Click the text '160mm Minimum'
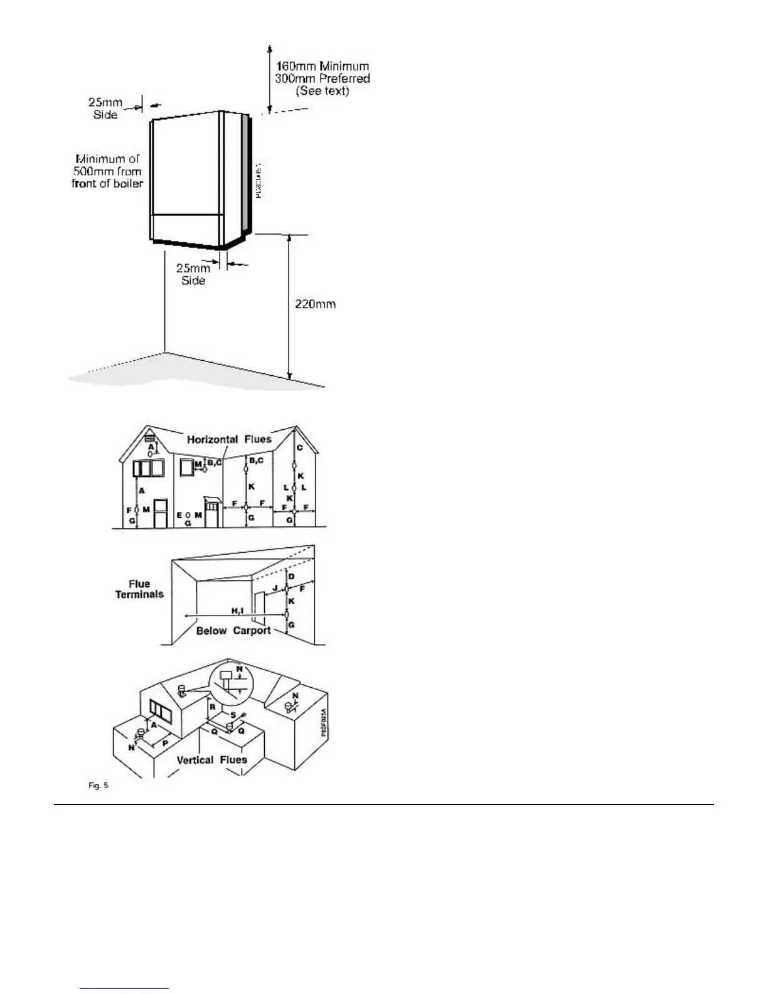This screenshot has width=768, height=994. point(323,66)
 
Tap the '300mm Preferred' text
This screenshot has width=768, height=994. point(323,78)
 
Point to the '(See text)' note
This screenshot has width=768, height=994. point(323,91)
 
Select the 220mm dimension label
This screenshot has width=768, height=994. point(316,304)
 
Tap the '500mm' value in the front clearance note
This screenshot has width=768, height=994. point(90,171)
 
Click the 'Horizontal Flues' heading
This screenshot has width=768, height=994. point(229,439)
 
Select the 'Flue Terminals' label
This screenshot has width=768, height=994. point(139,589)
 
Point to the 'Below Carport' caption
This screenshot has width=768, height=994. point(233,631)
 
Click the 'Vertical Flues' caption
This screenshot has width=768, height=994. point(211,760)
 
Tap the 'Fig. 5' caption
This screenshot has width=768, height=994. point(99,786)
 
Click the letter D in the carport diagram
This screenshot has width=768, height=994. point(291,577)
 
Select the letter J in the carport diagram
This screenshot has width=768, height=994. point(274,588)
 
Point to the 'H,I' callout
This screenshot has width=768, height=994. point(237,611)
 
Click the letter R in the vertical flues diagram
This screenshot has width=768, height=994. point(213,707)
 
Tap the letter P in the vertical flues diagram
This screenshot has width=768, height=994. point(165,742)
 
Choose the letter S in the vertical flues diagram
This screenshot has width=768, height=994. point(233,715)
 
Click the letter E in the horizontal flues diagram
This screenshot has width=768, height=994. point(179,515)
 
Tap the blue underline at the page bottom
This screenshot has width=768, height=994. point(125,989)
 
